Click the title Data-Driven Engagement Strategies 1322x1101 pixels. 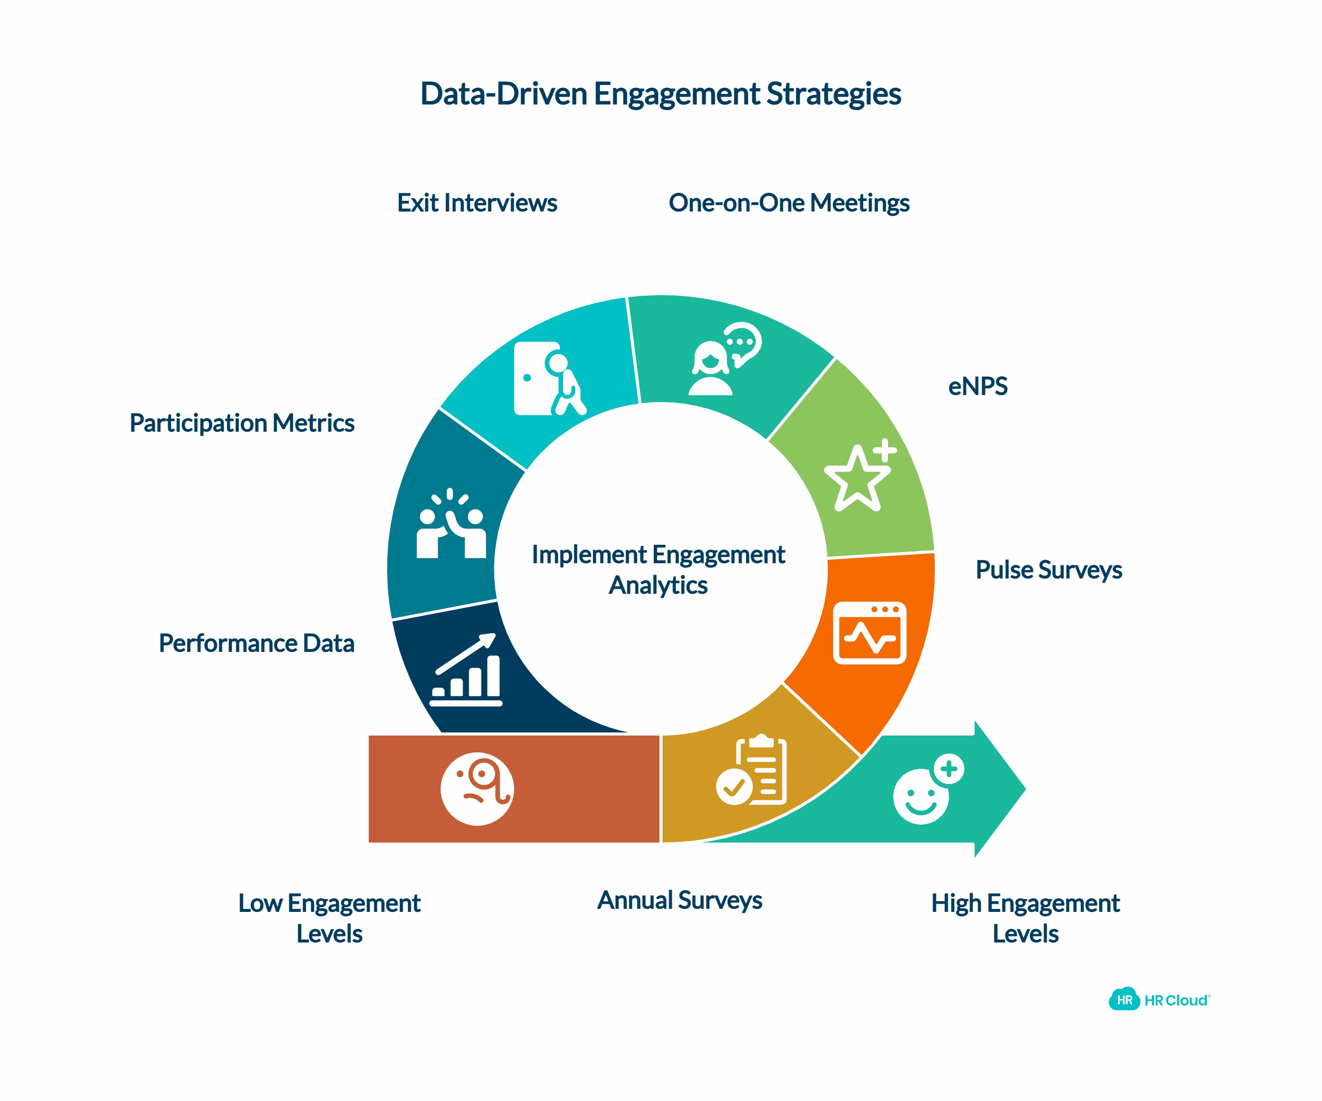(660, 94)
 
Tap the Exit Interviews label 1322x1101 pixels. (476, 203)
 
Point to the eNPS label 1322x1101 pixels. (977, 386)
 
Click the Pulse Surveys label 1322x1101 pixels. (1048, 570)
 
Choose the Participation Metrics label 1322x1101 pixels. (242, 424)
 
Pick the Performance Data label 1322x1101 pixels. (256, 644)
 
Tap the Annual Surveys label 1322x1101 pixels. (679, 900)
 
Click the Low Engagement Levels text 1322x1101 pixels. (329, 918)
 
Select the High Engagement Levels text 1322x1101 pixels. (1025, 918)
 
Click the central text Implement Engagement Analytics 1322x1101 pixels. (658, 569)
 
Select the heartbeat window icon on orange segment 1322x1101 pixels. (870, 633)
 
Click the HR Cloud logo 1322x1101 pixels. (1158, 1000)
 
